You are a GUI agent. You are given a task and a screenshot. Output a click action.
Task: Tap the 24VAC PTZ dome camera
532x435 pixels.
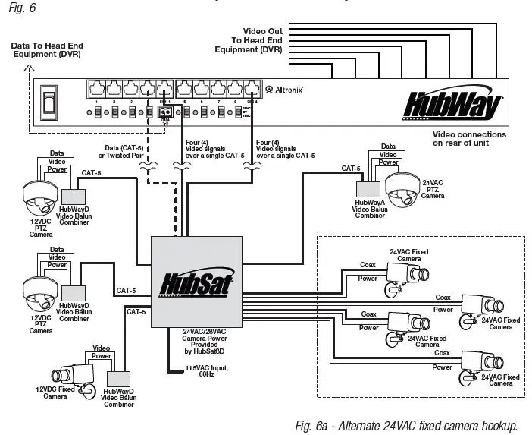[x=399, y=187]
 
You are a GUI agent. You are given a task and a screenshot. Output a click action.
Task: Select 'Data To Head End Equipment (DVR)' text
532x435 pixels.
[x=45, y=50]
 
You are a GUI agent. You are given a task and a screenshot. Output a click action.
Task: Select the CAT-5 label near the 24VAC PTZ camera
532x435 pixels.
[x=350, y=169]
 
